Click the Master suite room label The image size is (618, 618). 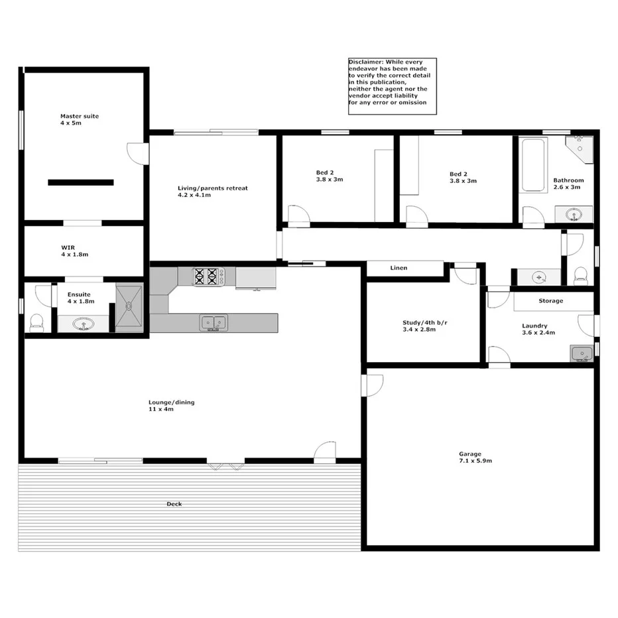point(79,116)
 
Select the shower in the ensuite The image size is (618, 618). point(129,308)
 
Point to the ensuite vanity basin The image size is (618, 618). point(83,324)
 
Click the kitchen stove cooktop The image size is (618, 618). point(206,276)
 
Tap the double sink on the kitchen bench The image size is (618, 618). point(214,322)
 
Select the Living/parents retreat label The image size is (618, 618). point(212,188)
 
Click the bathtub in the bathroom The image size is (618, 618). point(531,164)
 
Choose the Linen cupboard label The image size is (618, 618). point(399,268)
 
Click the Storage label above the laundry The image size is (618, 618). point(550,300)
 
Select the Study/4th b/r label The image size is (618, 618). point(424,323)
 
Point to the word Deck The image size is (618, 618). point(174,504)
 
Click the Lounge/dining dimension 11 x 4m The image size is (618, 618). point(160,409)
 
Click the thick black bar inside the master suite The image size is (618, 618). point(80,182)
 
